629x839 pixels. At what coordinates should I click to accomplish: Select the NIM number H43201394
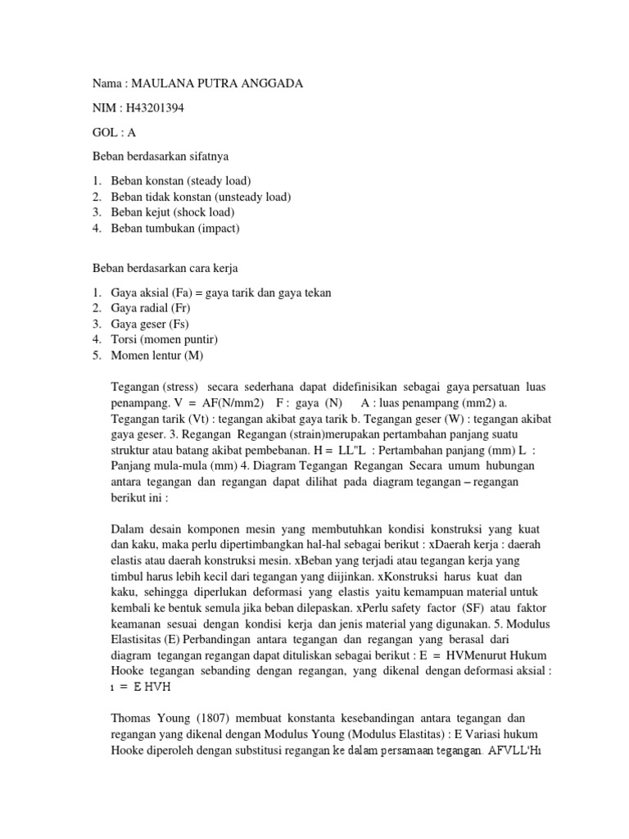[149, 109]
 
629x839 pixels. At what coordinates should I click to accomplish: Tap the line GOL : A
[114, 133]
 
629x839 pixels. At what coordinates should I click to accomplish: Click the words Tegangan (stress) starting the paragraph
[150, 386]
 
